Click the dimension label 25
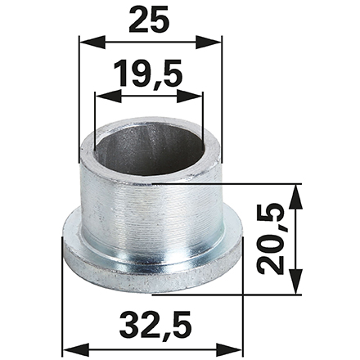click(x=149, y=19)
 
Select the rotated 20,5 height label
click(x=272, y=239)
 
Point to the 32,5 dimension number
click(x=155, y=326)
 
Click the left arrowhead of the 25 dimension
click(x=92, y=42)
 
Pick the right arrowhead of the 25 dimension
click(x=209, y=42)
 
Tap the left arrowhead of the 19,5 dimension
click(x=108, y=96)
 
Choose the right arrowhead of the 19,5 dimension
click(x=190, y=96)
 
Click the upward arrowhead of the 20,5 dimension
click(x=295, y=197)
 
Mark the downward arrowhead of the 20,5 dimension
click(x=295, y=281)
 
